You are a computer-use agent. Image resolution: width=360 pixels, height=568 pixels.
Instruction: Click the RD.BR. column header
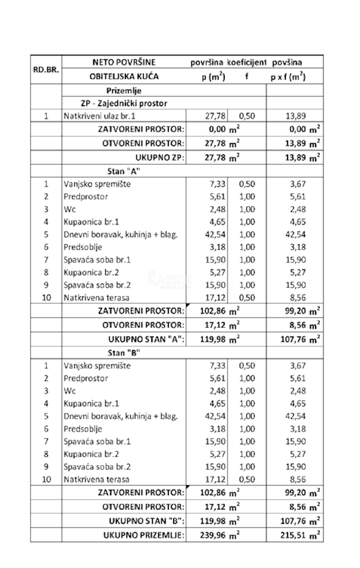click(x=46, y=70)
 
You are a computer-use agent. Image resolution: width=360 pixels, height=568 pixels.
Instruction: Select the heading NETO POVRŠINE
click(x=123, y=62)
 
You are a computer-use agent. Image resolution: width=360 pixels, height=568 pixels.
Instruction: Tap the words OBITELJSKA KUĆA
click(x=124, y=76)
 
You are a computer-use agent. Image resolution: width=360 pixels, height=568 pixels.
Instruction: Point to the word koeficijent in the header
click(x=246, y=62)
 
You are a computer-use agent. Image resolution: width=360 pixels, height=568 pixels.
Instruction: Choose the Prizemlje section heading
click(x=124, y=90)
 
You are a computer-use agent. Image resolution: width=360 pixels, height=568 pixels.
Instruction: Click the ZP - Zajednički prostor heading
click(x=123, y=103)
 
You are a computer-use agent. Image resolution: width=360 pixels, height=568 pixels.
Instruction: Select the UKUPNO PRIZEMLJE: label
click(x=144, y=535)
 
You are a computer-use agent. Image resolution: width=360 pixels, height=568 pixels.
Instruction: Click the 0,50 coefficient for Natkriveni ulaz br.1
click(x=246, y=116)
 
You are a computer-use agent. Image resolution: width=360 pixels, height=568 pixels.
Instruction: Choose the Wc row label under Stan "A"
click(x=69, y=209)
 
